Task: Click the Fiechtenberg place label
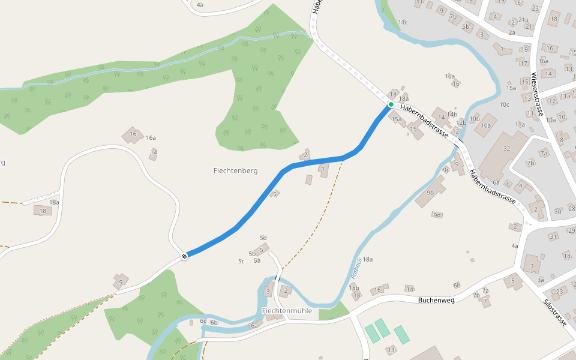pos(235,170)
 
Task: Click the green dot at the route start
pos(391,104)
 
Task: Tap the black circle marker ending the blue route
pos(184,256)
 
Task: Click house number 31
pos(553,237)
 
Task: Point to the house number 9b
pos(430,193)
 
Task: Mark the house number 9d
pos(437,215)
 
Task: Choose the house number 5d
pos(263,238)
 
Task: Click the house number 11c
pos(403,22)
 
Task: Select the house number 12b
pos(461,122)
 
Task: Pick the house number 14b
pos(452,113)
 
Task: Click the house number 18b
pos(354,288)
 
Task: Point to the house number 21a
pos(523,19)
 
